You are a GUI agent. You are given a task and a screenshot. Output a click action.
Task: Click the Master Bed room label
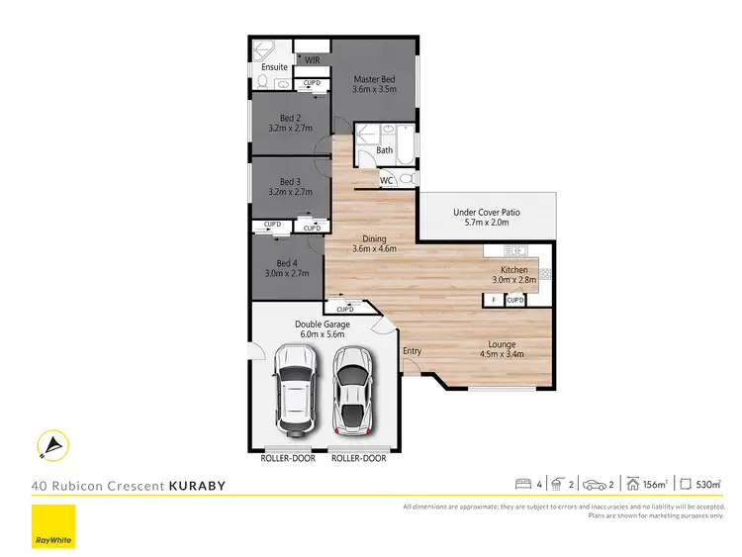374,79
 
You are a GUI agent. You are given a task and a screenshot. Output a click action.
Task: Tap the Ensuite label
275,67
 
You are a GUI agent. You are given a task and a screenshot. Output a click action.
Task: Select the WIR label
313,60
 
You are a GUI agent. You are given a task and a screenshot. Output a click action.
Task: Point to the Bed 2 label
290,118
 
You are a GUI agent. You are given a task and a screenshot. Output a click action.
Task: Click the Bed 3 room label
290,182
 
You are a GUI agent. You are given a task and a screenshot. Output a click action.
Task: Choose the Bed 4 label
287,263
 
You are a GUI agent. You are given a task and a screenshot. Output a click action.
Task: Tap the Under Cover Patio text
487,212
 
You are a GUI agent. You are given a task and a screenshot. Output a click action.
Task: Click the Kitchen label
514,270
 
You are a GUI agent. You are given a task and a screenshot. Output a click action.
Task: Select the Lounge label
502,344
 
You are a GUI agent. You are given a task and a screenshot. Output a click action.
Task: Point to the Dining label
374,238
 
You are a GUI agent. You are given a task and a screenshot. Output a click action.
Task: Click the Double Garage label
320,324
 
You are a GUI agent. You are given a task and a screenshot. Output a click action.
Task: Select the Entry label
412,351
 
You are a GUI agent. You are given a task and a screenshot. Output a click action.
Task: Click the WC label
387,180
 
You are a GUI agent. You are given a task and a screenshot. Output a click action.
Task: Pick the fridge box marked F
494,299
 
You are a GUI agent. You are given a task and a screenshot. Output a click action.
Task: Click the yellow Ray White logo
52,527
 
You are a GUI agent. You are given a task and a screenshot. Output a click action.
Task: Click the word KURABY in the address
198,486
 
